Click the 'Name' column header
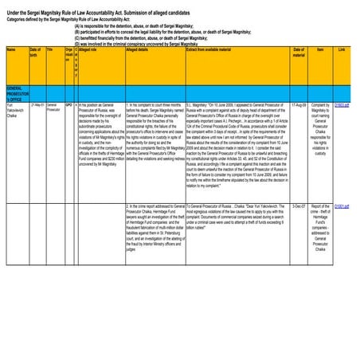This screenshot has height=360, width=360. click(x=11, y=49)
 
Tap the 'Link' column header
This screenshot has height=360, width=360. click(x=342, y=49)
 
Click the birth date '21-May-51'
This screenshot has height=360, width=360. click(x=37, y=104)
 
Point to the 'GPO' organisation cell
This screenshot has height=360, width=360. click(x=69, y=104)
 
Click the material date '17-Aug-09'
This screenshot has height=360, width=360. click(x=299, y=104)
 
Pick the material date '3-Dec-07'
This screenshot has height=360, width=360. click(x=299, y=205)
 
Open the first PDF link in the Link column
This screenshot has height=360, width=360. click(x=341, y=104)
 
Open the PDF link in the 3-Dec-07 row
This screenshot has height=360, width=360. click(x=341, y=205)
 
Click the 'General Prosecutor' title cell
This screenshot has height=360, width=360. click(x=53, y=107)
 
